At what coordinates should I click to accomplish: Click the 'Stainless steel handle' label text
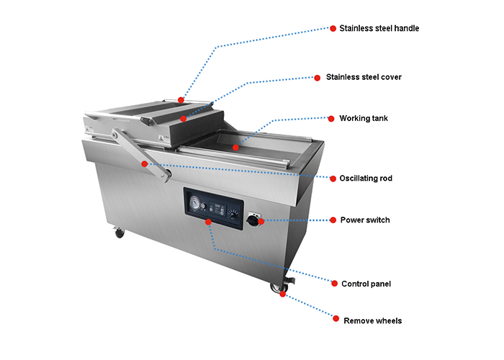pos(379,28)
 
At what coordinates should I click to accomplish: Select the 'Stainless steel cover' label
pos(364,77)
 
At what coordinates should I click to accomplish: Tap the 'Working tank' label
pos(364,118)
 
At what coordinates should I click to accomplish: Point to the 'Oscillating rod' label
pos(366,178)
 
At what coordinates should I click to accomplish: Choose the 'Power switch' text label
pos(365,220)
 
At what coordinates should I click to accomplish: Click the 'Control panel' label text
pos(366,284)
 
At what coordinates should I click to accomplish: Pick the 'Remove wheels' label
pos(372,321)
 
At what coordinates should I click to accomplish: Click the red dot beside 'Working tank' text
pos(331,119)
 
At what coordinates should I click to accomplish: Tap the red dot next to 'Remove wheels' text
pos(336,318)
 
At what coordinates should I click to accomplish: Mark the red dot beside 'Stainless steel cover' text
pos(318,78)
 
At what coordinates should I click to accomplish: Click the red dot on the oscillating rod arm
pos(144,164)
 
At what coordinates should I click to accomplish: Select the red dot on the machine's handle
pos(181,100)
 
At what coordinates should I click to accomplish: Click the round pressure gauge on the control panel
pos(195,203)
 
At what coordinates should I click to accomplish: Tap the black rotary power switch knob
pos(253,220)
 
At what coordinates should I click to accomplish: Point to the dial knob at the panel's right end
pos(233,214)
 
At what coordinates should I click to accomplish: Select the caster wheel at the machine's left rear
pos(120,233)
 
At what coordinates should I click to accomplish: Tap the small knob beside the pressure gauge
pos(202,205)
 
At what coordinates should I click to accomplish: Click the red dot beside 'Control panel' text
pos(334,284)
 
